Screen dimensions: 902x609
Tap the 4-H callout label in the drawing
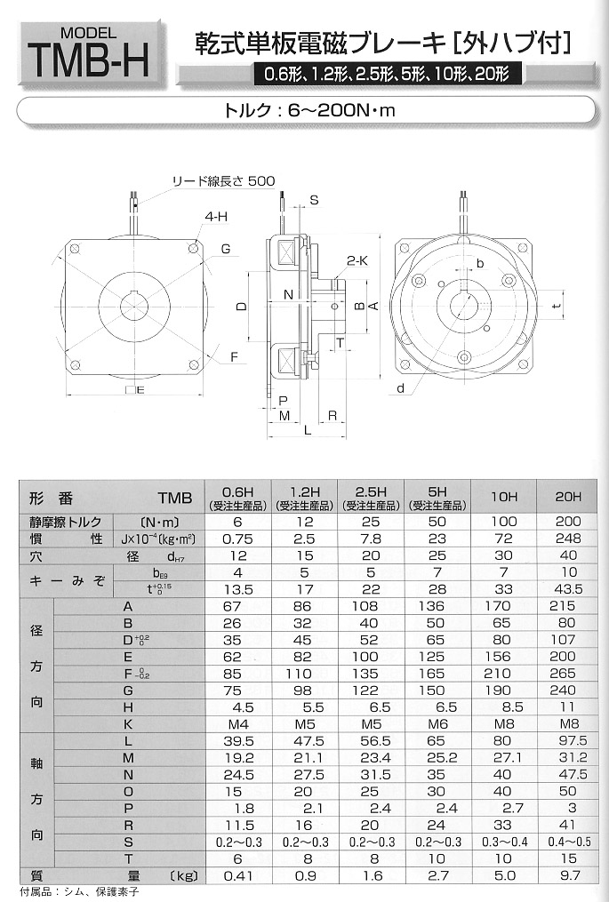[x=212, y=217]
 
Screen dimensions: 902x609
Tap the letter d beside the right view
[x=402, y=388]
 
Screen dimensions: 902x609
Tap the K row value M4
[x=236, y=724]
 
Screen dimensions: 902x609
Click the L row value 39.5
[x=236, y=741]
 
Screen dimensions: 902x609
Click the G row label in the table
[x=129, y=690]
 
